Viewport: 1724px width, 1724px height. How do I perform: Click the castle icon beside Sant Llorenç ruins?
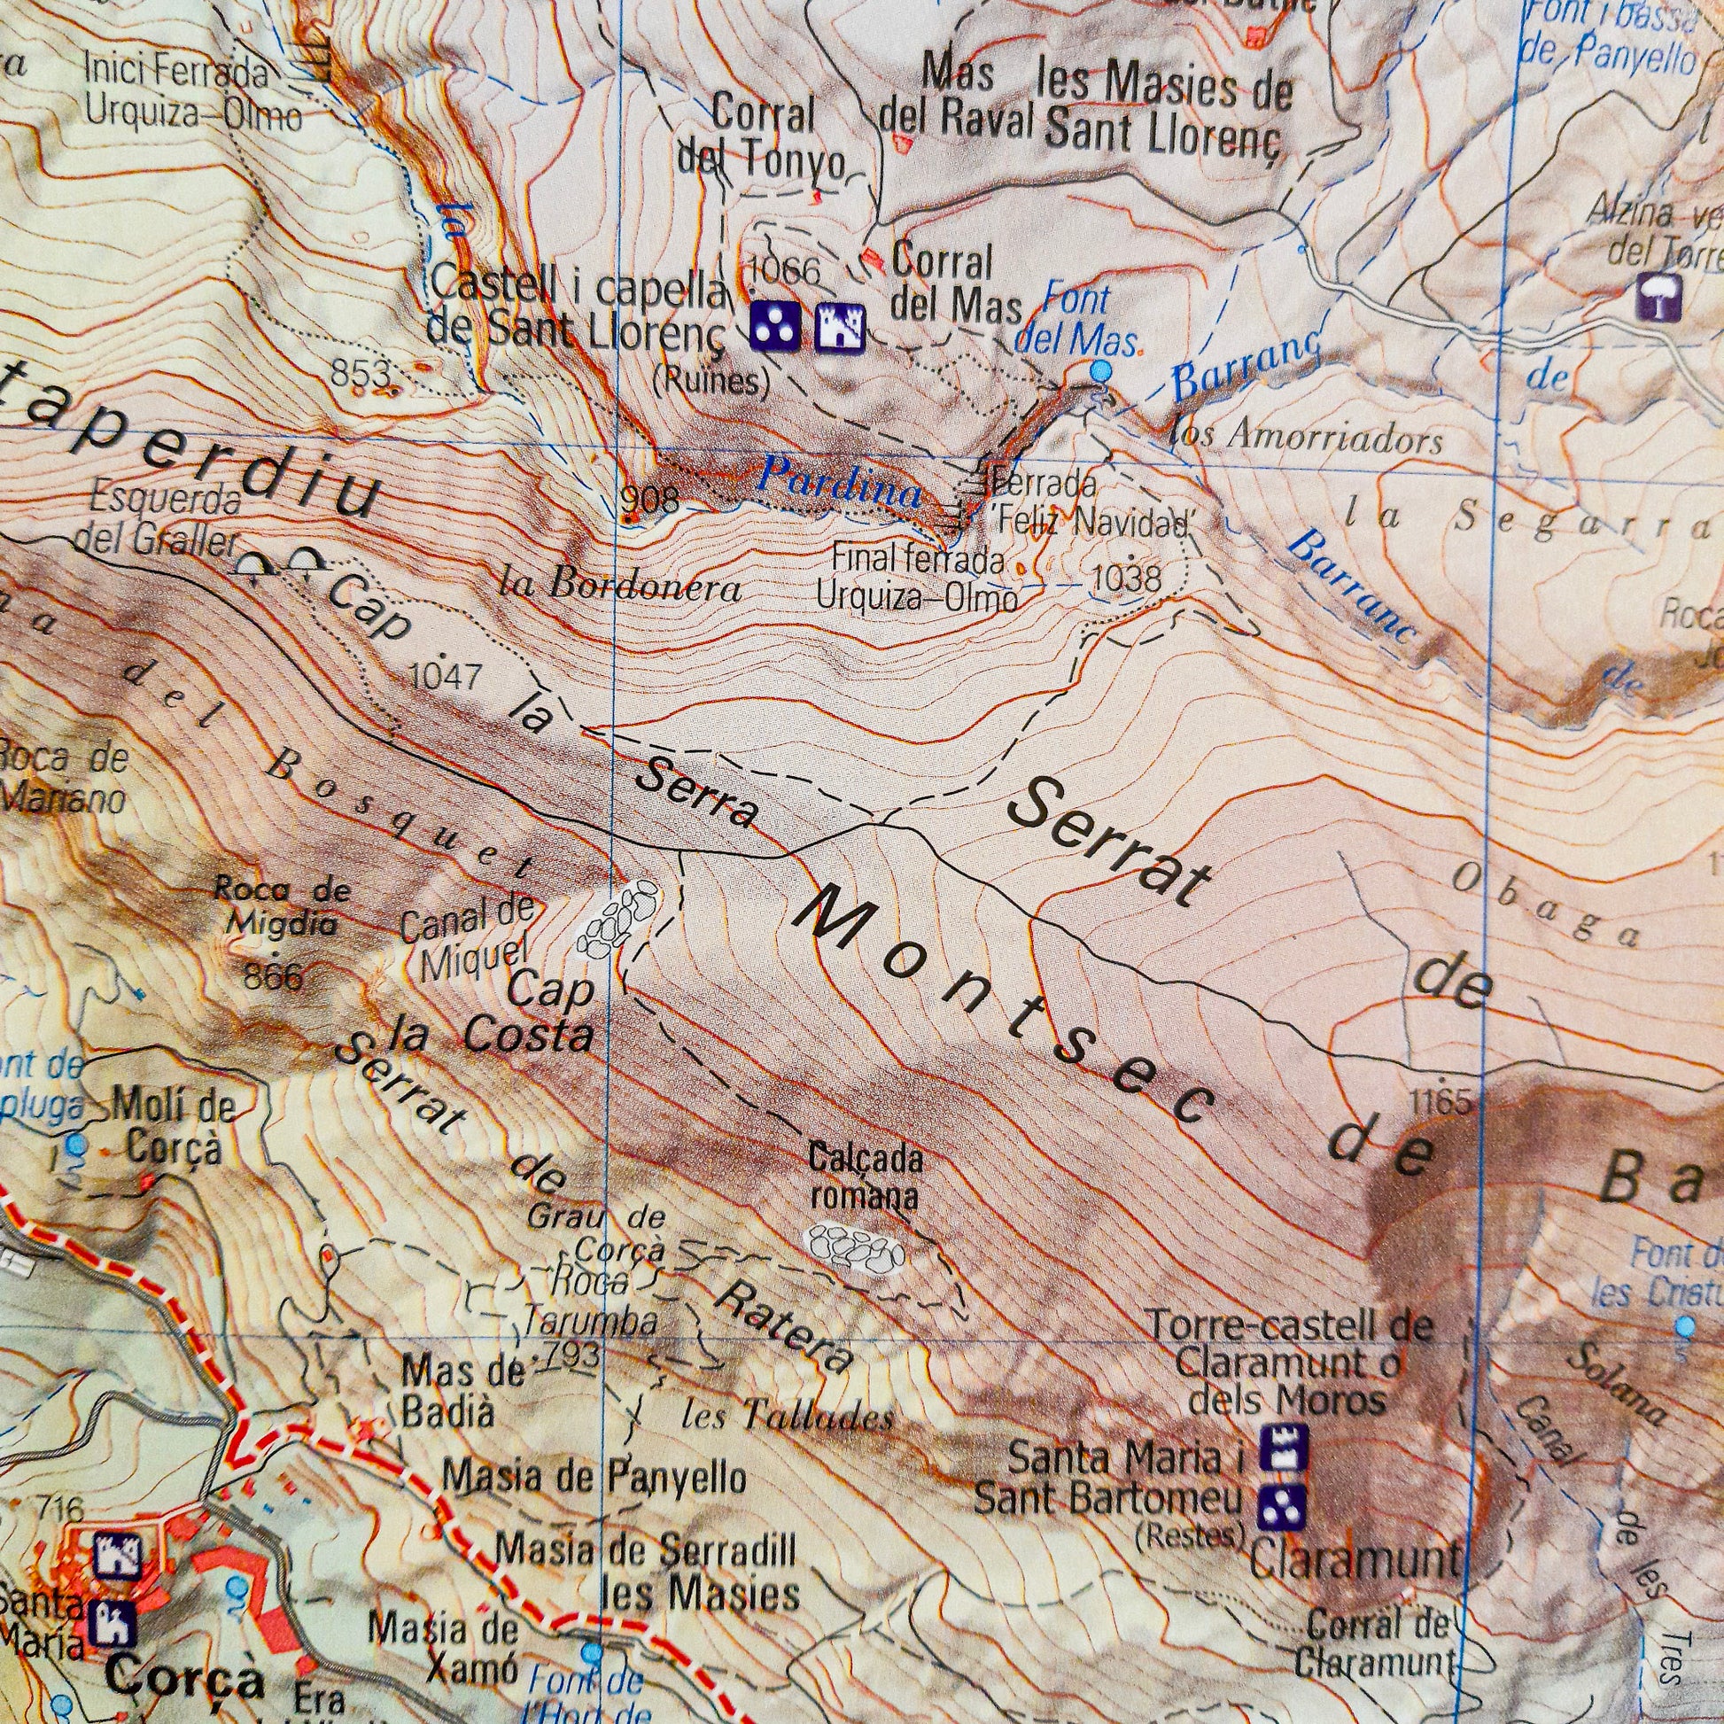[x=841, y=327]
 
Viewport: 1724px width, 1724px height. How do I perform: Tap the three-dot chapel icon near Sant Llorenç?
[x=773, y=326]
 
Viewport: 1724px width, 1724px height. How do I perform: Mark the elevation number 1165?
[x=1441, y=1103]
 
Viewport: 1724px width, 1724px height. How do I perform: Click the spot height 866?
[x=273, y=976]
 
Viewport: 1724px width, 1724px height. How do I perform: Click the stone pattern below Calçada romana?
[x=854, y=1247]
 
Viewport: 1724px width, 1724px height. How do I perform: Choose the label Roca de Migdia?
[x=282, y=905]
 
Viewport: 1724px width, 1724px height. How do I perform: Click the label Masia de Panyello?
[x=594, y=1479]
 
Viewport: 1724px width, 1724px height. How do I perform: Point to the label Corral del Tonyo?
[x=763, y=138]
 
